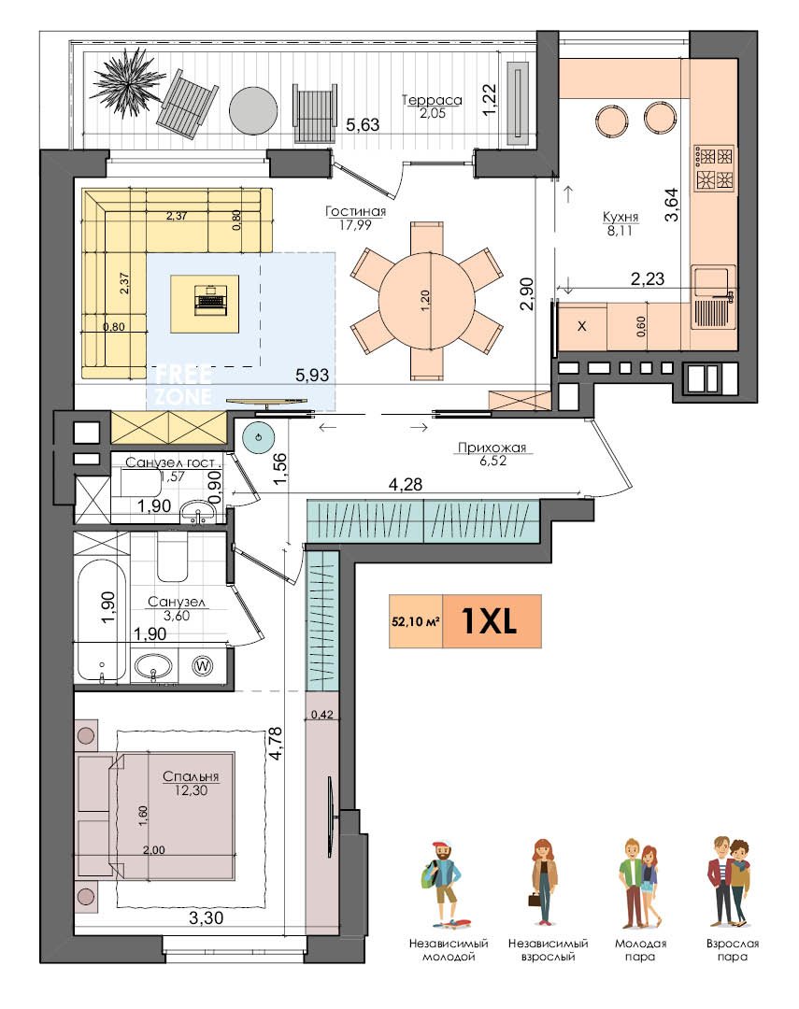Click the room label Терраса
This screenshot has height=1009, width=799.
(x=432, y=100)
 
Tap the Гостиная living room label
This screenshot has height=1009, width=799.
(x=355, y=212)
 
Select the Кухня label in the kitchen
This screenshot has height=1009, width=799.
(x=620, y=217)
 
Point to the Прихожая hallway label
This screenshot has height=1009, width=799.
(x=492, y=448)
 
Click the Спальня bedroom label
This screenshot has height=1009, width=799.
(x=191, y=776)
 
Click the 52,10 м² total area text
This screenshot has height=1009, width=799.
(x=415, y=621)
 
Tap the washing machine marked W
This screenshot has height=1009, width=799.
(x=202, y=666)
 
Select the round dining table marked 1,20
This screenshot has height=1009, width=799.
(x=426, y=301)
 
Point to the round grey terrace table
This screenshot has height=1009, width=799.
(x=253, y=110)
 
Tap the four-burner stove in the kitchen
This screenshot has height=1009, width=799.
(x=715, y=168)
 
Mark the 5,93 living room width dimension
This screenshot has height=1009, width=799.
(x=312, y=375)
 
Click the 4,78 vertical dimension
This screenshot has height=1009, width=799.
(x=276, y=744)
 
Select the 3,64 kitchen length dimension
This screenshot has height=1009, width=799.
(x=672, y=205)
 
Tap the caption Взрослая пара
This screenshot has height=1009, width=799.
(x=732, y=950)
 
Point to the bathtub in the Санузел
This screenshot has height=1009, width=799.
(x=101, y=620)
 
